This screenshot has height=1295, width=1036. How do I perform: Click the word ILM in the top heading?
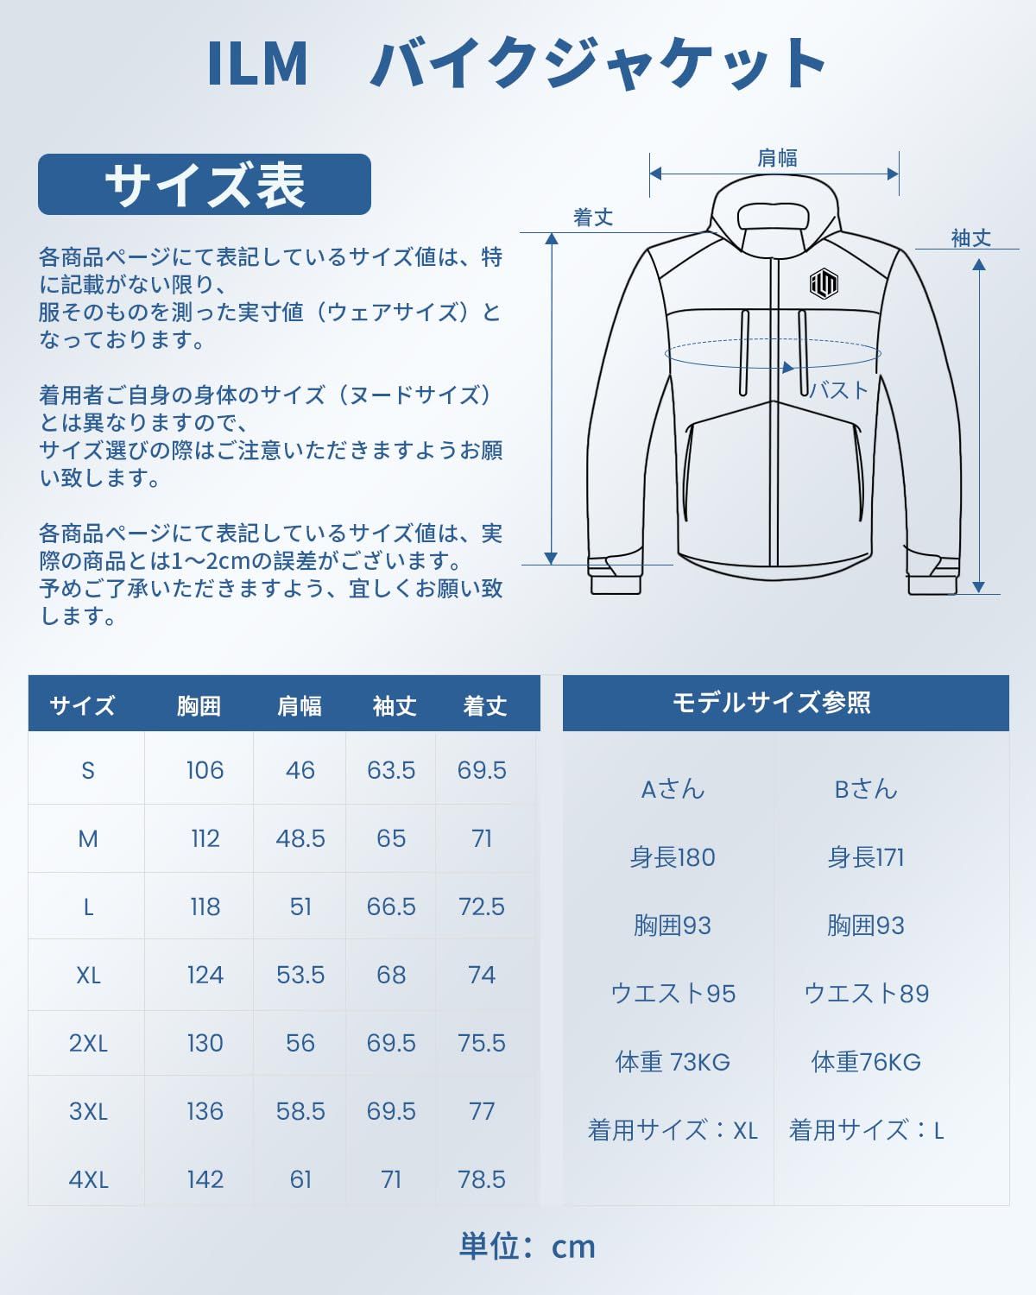[x=257, y=64]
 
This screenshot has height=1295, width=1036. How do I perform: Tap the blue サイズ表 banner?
[x=205, y=184]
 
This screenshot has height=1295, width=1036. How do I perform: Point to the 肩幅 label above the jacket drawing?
[x=777, y=158]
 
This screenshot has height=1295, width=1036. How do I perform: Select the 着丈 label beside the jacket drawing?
[x=593, y=218]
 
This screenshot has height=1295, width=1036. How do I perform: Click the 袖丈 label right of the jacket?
[x=970, y=238]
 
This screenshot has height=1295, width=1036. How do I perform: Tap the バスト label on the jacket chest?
[x=838, y=390]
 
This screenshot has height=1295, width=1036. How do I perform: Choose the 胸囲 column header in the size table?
[x=199, y=705]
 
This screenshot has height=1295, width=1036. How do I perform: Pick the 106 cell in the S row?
[x=205, y=770]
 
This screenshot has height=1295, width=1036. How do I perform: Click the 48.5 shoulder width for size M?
[x=300, y=838]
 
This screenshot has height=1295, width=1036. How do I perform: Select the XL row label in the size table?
[x=88, y=975]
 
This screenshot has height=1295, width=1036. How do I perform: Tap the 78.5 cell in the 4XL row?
[x=482, y=1179]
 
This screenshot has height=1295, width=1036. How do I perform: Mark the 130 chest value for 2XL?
[x=205, y=1043]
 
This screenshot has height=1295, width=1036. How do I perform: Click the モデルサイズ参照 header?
[x=771, y=703]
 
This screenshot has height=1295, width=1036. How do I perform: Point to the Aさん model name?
[x=673, y=789]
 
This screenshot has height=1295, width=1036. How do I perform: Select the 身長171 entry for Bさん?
[x=865, y=857]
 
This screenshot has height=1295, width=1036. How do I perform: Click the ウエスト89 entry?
[x=866, y=994]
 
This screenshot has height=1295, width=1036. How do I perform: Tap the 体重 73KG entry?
[x=673, y=1062]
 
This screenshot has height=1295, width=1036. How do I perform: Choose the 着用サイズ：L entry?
[x=866, y=1130]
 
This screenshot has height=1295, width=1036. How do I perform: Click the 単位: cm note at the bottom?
[x=527, y=1246]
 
